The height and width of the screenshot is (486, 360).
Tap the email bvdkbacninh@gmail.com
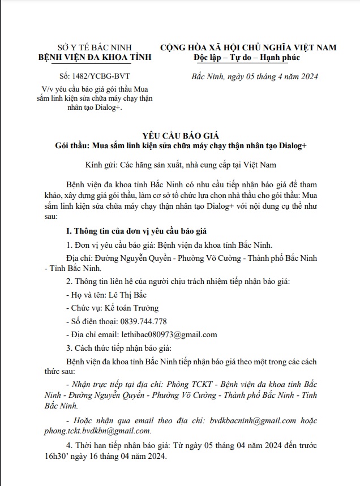(253, 420)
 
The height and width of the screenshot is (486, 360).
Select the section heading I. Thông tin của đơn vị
(138, 232)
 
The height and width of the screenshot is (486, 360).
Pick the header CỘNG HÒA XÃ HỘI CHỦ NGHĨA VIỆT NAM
(248, 47)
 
